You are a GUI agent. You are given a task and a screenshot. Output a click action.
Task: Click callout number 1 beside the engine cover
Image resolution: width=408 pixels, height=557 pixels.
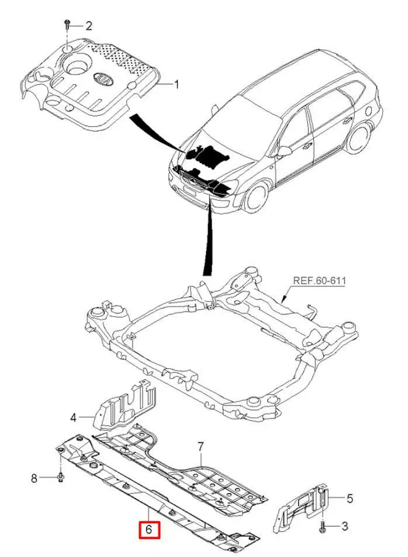click(176, 84)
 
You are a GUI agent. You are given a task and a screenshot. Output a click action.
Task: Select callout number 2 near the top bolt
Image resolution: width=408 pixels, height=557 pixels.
click(88, 26)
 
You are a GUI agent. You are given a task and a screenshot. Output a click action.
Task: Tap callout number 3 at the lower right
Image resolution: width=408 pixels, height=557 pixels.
click(344, 527)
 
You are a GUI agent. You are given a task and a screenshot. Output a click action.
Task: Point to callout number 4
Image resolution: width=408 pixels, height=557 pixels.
click(74, 417)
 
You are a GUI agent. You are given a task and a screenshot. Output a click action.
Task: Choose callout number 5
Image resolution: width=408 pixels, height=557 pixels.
click(350, 498)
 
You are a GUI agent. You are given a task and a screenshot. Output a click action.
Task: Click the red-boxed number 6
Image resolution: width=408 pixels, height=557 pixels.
click(148, 530)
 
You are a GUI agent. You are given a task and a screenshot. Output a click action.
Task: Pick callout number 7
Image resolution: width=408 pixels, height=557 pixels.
click(200, 447)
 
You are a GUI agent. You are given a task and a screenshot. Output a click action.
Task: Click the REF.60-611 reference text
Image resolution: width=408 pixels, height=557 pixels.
click(319, 281)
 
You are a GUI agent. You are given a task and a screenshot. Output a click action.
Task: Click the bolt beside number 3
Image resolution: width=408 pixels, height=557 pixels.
click(323, 527)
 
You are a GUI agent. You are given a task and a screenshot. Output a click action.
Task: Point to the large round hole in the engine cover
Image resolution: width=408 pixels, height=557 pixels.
click(78, 65)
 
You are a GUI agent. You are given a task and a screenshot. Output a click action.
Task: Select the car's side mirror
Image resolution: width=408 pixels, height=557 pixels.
click(285, 151)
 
